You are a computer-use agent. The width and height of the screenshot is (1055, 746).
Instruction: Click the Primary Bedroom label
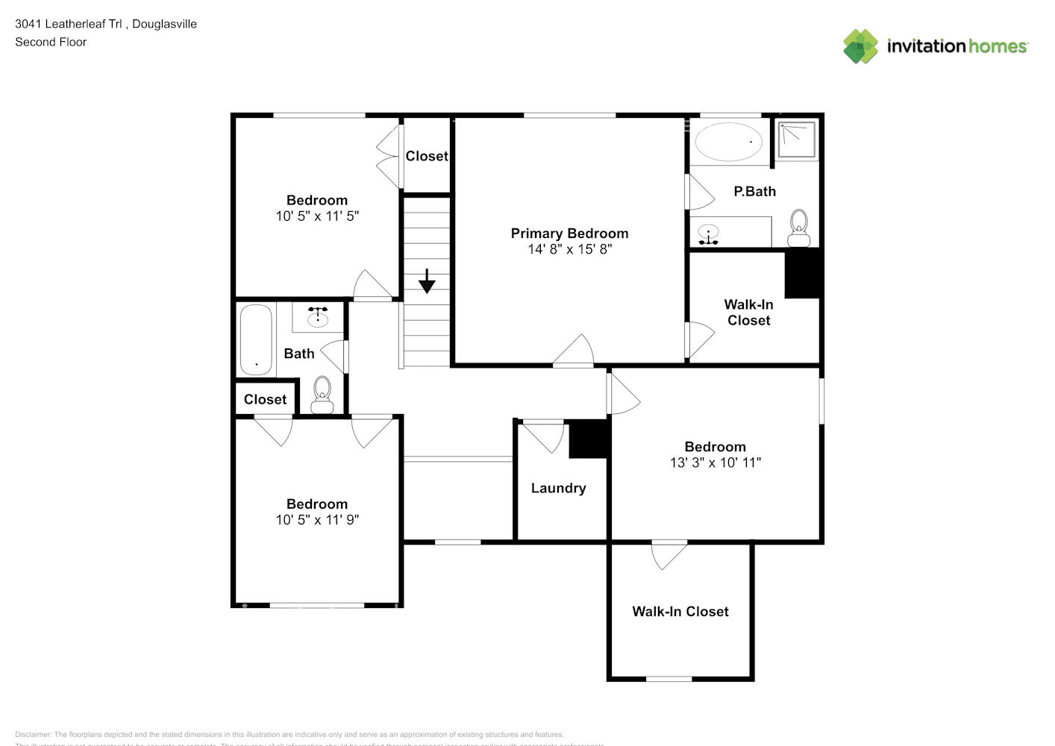(x=569, y=233)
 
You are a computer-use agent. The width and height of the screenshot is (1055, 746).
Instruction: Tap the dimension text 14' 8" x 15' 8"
(x=569, y=249)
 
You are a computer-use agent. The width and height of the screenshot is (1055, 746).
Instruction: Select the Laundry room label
(x=558, y=488)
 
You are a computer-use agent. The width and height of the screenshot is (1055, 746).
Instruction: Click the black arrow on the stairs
(x=427, y=281)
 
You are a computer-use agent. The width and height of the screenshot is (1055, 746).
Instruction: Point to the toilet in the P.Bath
(x=798, y=228)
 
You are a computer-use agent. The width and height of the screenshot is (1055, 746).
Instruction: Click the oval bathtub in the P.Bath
(x=728, y=141)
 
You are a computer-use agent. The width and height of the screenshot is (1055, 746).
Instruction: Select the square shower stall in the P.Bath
(x=796, y=140)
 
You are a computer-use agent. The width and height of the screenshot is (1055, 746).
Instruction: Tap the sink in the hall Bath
(x=318, y=317)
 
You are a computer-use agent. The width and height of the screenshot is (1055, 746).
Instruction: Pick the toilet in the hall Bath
(x=322, y=395)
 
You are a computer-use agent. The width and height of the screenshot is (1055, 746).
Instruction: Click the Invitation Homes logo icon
(x=860, y=46)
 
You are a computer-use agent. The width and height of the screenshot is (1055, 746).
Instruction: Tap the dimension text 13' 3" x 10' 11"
(x=715, y=463)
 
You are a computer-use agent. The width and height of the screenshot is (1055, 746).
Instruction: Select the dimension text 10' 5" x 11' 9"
(x=317, y=520)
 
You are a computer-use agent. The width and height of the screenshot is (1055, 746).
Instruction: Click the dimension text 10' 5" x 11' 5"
(x=317, y=216)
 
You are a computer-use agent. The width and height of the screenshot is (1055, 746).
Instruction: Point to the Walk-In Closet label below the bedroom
(x=680, y=612)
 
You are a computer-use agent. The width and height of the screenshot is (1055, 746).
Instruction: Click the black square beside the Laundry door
(x=589, y=440)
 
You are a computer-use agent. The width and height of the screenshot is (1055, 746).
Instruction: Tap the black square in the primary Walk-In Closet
(x=802, y=274)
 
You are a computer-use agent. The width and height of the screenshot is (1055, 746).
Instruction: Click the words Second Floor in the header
(x=51, y=42)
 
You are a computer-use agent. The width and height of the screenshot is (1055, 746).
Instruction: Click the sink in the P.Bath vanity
(x=708, y=233)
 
